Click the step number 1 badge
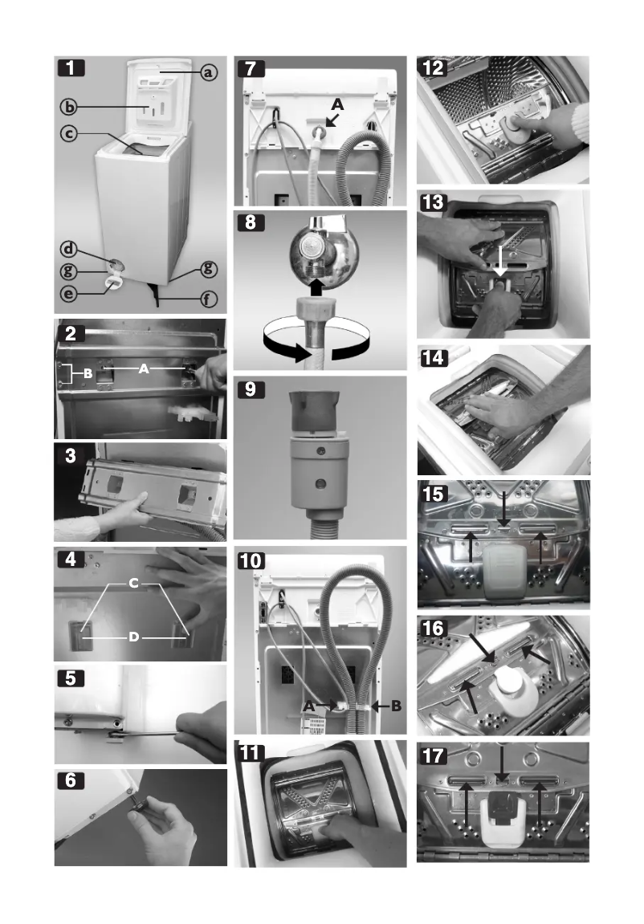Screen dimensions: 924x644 (x=73, y=69)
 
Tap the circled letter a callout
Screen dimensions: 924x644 (x=208, y=73)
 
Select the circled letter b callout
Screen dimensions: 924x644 (x=71, y=107)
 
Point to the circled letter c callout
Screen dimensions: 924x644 (x=71, y=132)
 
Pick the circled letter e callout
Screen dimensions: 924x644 (x=71, y=294)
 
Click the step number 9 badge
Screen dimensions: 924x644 (x=251, y=389)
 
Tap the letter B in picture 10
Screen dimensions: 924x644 (x=395, y=706)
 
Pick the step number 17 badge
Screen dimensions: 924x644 (x=434, y=755)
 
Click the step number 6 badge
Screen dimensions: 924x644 (x=73, y=779)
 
